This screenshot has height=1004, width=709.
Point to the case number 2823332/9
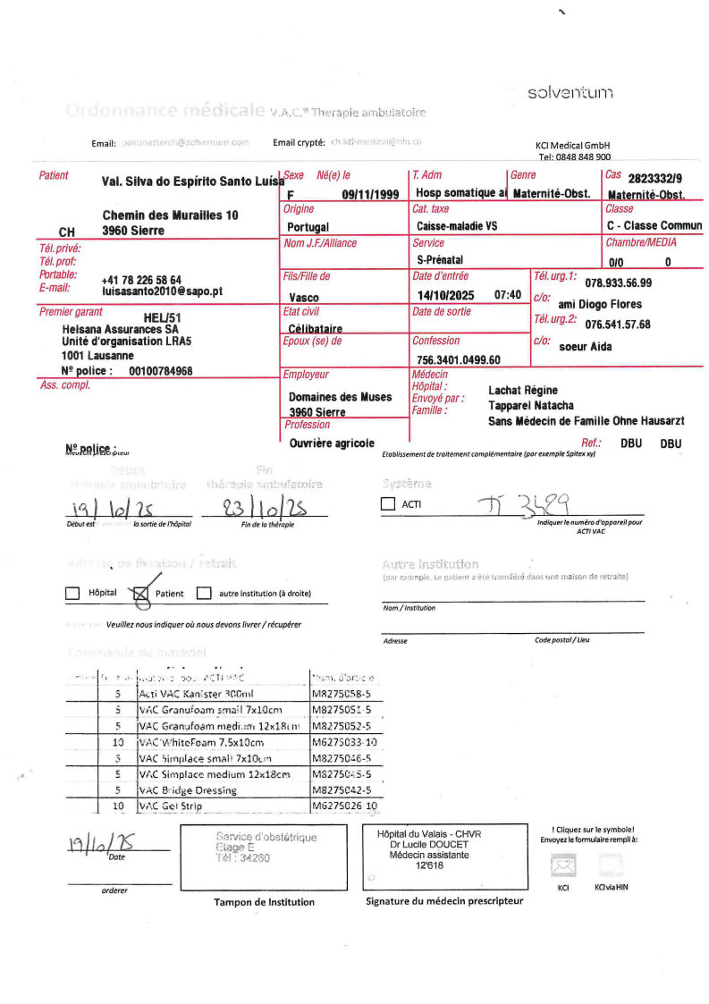655,178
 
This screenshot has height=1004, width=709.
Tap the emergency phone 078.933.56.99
618,283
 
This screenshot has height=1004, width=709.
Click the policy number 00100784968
161,370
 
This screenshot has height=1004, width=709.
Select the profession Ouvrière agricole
332,443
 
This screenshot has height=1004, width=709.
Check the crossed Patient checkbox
140,593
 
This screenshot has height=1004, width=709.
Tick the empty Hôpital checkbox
72,593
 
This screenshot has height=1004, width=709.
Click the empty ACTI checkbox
387,504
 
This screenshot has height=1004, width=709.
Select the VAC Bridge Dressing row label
189,790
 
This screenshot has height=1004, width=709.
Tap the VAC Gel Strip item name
171,806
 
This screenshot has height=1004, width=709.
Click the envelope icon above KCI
562,865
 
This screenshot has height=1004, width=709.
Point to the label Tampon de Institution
264,902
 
